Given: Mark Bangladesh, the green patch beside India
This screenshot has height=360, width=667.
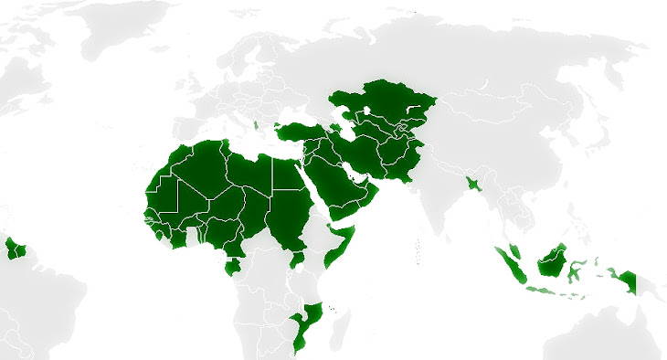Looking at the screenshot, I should [x=471, y=184].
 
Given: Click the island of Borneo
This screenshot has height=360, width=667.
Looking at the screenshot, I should [x=551, y=262].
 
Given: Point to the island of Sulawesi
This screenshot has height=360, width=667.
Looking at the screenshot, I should [x=577, y=270].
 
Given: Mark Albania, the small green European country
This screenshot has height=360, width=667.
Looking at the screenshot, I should [x=259, y=127].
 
